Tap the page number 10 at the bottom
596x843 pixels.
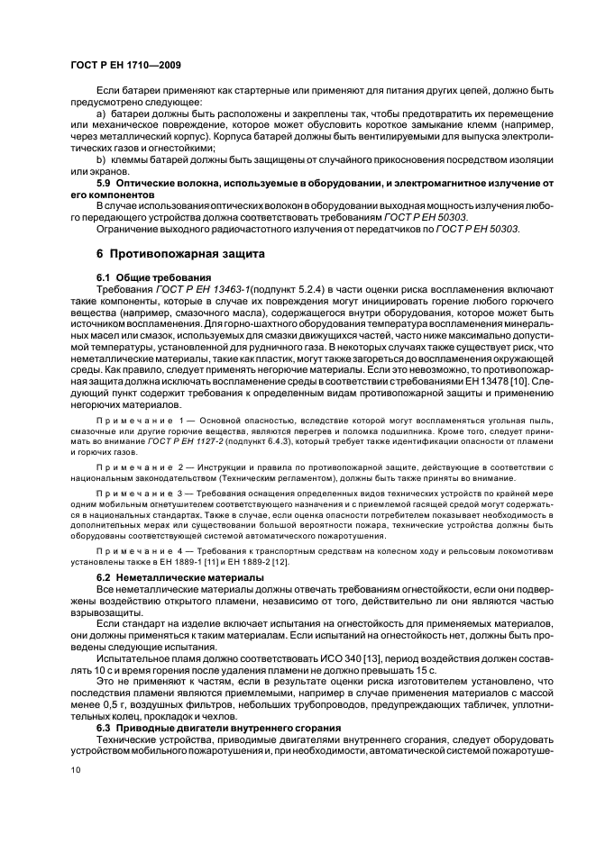[x=76, y=770]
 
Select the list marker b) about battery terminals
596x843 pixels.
[x=100, y=159]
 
